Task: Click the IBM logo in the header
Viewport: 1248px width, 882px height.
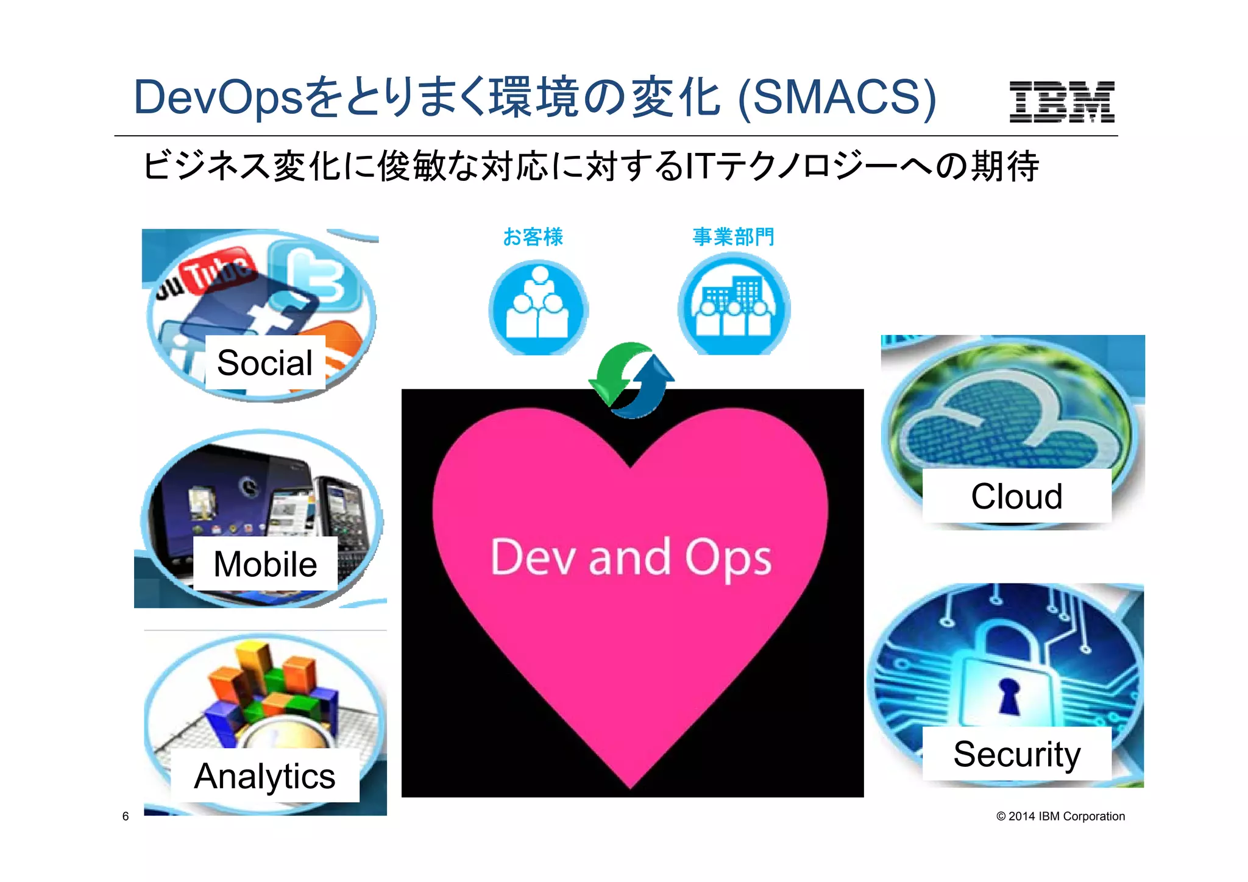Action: [1062, 102]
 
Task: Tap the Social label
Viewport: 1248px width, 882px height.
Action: [265, 363]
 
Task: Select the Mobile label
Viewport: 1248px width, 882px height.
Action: [265, 564]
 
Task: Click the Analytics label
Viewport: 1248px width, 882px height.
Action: [264, 776]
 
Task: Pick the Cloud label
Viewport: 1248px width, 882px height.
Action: [1016, 496]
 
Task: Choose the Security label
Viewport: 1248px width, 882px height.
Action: [1016, 754]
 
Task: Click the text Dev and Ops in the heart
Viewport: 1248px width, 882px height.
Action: [631, 557]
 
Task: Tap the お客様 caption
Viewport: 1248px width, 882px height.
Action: [533, 237]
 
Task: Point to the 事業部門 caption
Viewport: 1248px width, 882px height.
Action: [733, 237]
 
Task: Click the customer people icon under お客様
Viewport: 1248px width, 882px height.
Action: [538, 308]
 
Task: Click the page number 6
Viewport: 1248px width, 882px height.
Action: [126, 816]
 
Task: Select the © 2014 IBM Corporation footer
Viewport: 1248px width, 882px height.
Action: [1060, 816]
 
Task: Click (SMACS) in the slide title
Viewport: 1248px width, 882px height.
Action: [836, 97]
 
